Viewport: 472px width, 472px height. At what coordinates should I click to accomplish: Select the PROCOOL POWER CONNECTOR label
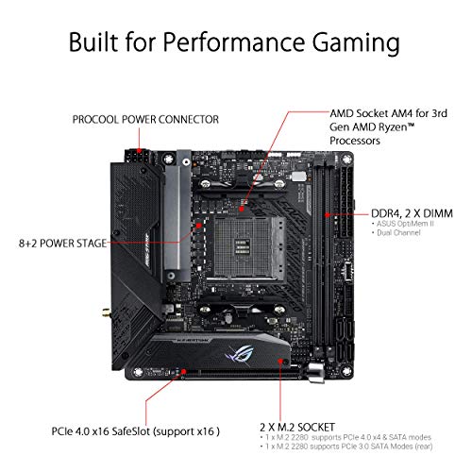coord(146,120)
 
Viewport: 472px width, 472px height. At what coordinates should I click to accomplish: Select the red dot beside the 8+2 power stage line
coord(198,226)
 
